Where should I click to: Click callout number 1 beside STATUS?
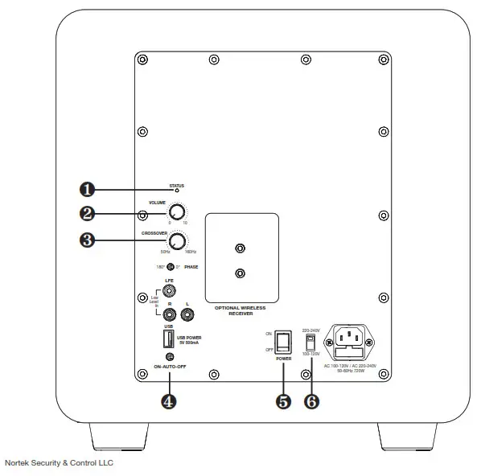[x=88, y=190]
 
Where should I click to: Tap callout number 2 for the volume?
[x=88, y=215]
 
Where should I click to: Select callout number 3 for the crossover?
[x=88, y=240]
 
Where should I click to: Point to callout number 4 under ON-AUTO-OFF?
[x=168, y=402]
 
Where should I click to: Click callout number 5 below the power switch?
[x=282, y=402]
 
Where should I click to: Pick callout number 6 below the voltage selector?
[x=312, y=402]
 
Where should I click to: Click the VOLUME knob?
[x=176, y=213]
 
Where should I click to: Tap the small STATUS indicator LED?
[x=176, y=191]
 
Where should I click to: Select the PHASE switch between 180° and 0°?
[x=170, y=266]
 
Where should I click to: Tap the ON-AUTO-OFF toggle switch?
[x=169, y=357]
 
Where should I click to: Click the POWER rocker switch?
[x=282, y=342]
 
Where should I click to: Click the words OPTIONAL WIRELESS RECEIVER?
[x=239, y=311]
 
